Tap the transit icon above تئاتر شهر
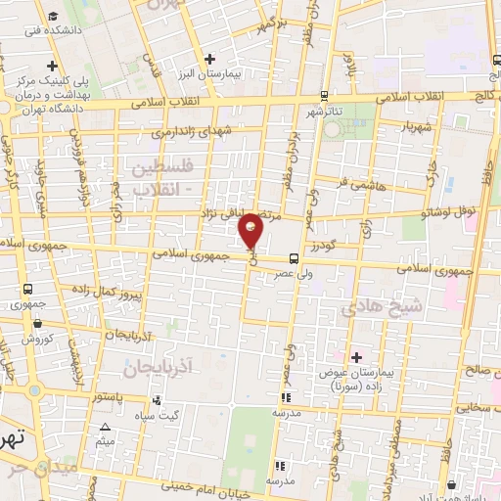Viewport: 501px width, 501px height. point(324,97)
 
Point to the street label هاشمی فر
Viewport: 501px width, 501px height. point(354,183)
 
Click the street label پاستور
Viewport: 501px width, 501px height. point(107,398)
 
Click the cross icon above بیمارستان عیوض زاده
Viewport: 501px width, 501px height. point(355,357)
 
